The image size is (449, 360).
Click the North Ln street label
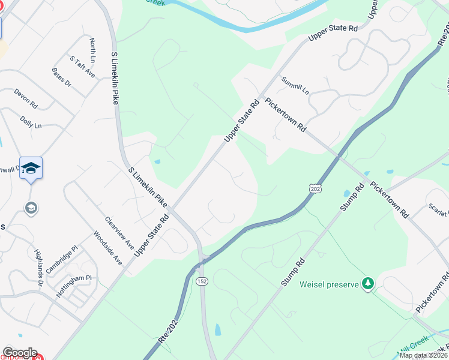(92, 50)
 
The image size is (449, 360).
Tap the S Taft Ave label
(82, 67)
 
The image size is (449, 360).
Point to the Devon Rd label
(26, 99)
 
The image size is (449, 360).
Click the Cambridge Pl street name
(62, 259)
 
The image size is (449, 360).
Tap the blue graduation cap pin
(31, 169)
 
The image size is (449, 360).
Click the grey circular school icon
(31, 208)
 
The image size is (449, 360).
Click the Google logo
(20, 353)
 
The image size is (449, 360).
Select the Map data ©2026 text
(423, 355)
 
